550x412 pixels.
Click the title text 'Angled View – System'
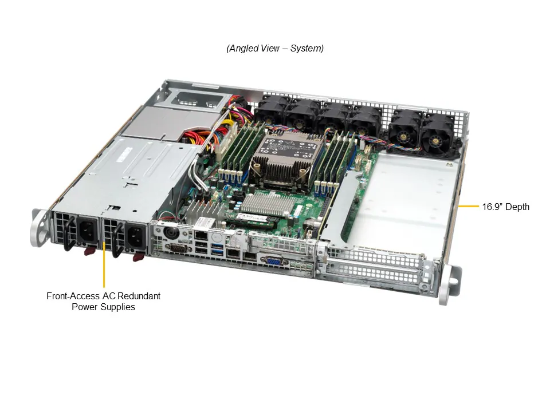[275, 49]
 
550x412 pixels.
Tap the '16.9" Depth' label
[505, 207]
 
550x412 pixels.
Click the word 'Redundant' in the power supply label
[139, 296]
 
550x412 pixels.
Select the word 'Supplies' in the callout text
[119, 307]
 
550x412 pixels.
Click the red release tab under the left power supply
[89, 250]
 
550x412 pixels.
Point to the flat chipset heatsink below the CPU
[265, 204]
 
